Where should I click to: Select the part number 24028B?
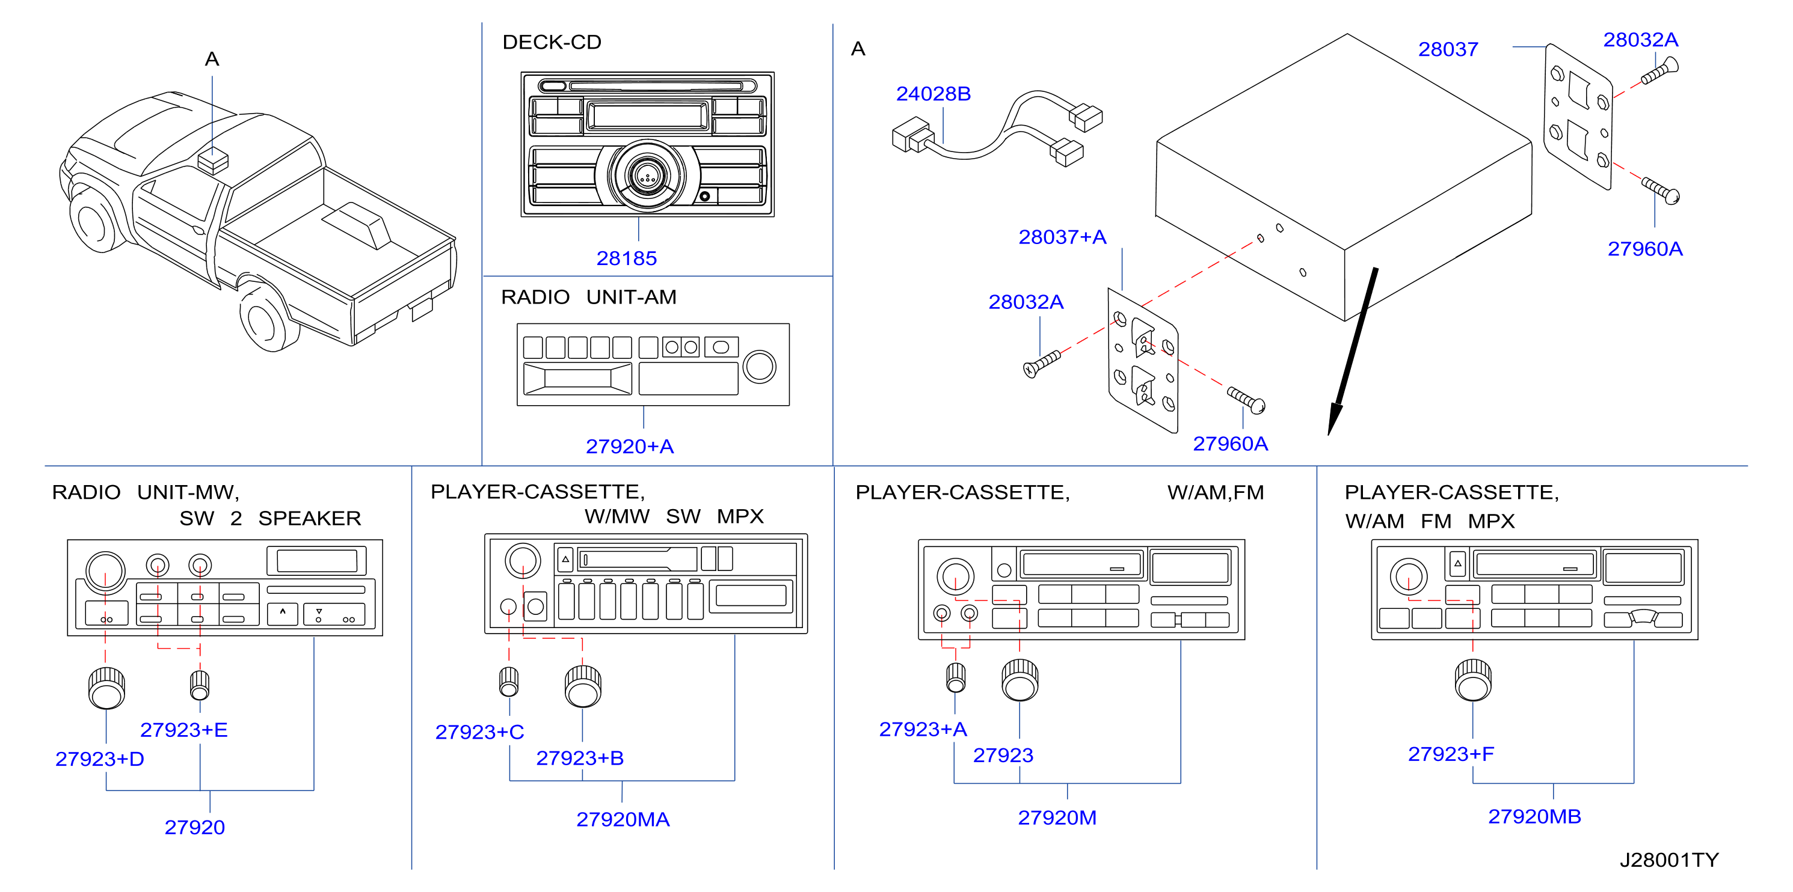pos(933,93)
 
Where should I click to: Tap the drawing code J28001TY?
pos(1668,860)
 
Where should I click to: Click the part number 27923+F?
pos(1451,754)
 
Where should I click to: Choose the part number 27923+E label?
pos(184,729)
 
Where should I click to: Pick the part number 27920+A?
pos(629,446)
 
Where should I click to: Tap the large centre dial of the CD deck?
pos(647,176)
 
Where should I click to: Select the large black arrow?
pos(1352,352)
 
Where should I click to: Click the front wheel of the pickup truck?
pos(94,221)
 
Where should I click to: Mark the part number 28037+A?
pos(1062,237)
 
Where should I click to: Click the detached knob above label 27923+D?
pos(106,688)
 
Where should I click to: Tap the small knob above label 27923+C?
pos(509,682)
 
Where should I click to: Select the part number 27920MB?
pos(1534,816)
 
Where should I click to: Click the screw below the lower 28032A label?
pos(1041,364)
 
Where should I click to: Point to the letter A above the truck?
pos(212,59)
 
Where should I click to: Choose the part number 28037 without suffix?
pos(1448,49)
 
